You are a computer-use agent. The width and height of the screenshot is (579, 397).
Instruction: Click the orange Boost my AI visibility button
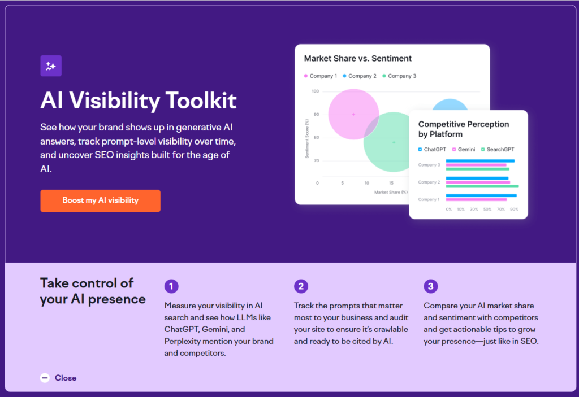(100, 200)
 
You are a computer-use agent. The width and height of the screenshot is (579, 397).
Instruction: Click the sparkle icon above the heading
(51, 66)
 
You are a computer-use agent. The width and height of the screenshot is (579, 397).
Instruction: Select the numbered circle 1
(171, 286)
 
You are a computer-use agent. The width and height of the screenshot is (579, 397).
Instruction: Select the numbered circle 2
(301, 286)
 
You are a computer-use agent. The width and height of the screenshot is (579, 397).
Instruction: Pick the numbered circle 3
(430, 286)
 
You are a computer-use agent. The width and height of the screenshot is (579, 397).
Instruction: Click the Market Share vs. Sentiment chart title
(357, 58)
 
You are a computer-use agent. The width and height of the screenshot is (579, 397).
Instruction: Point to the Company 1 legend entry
(320, 76)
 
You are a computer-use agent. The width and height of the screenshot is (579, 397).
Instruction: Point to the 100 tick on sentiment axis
(315, 91)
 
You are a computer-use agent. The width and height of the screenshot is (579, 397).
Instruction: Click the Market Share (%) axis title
(390, 192)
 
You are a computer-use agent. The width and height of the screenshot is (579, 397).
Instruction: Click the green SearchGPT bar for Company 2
(482, 186)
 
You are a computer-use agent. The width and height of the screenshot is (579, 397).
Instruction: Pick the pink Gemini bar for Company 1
(476, 199)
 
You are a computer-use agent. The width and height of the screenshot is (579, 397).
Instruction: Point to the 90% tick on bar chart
(513, 209)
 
